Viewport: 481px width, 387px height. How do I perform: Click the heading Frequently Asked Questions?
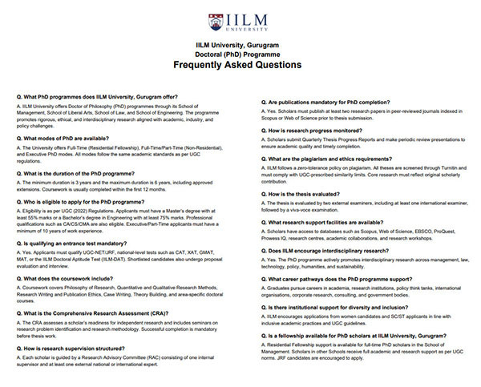(240, 63)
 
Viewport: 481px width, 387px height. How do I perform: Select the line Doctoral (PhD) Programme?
(240, 50)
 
